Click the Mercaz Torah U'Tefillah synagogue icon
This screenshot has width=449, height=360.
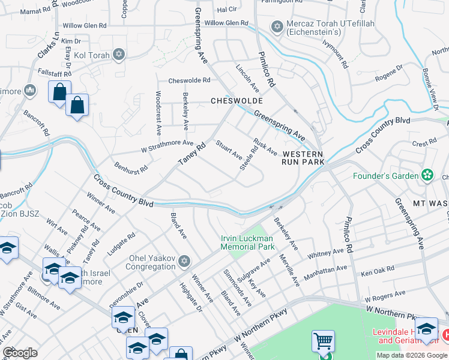277,26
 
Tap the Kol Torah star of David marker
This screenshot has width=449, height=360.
118,55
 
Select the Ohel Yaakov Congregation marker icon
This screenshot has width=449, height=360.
184,261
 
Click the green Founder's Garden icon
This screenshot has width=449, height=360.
427,175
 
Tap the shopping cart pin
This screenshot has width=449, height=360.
323,342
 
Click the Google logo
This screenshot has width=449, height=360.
20,352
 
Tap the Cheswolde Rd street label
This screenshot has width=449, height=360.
189,80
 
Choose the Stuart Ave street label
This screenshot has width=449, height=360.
229,151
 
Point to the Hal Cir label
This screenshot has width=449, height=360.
227,10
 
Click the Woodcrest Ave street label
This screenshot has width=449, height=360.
159,113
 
